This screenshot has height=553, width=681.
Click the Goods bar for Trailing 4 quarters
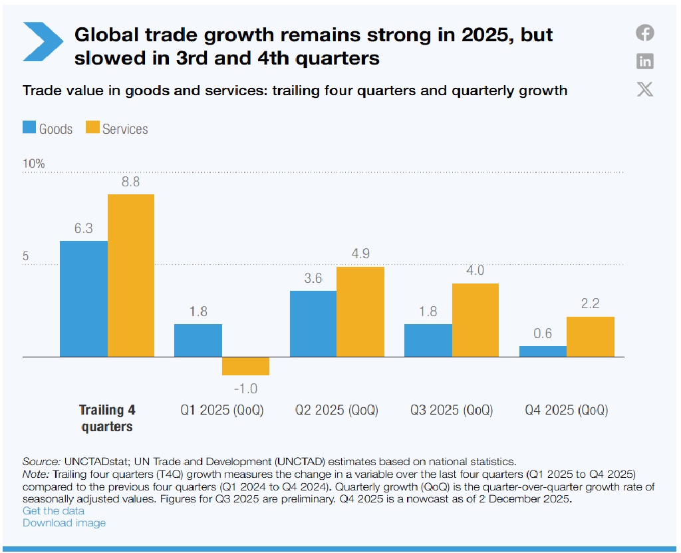(x=84, y=299)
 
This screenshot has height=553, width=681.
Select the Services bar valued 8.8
(x=131, y=276)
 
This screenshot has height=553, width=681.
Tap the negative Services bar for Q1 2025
(x=245, y=366)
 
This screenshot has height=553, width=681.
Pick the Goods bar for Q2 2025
(x=313, y=324)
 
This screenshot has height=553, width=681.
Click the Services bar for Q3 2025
(x=475, y=320)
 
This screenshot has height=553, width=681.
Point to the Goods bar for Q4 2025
(x=543, y=351)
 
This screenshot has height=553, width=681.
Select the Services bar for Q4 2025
(x=590, y=337)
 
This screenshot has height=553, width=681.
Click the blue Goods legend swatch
(x=29, y=128)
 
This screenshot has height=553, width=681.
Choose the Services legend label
(x=125, y=128)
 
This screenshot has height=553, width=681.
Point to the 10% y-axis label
(x=33, y=164)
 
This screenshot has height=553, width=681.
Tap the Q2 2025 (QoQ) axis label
(x=337, y=410)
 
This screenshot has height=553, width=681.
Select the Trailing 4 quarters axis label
(x=107, y=418)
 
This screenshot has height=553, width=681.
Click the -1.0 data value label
(x=245, y=389)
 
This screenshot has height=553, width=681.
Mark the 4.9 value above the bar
(x=360, y=254)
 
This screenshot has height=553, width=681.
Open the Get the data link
(x=54, y=510)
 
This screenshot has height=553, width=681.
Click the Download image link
(x=64, y=522)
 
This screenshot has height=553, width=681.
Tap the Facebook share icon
(x=644, y=33)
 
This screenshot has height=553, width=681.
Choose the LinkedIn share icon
(x=644, y=61)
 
